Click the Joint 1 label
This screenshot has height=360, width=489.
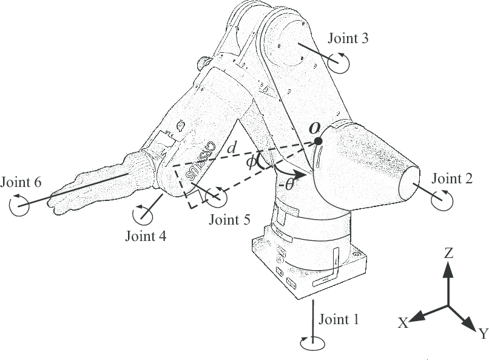tap(339, 320)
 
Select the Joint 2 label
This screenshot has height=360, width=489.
tap(452, 178)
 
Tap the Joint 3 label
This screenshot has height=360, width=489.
tap(348, 39)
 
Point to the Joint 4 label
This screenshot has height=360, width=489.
tap(146, 236)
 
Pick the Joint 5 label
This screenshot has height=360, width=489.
tap(229, 219)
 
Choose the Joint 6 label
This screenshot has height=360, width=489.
tap(22, 182)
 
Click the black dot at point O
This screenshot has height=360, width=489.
tap(319, 141)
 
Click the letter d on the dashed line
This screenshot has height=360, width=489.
tap(231, 148)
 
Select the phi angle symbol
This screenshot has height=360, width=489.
tap(251, 163)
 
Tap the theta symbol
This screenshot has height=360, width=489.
tap(289, 183)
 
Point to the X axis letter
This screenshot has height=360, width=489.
tap(403, 324)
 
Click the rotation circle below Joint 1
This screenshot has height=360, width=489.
tap(312, 343)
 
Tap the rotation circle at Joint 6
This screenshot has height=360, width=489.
tap(19, 205)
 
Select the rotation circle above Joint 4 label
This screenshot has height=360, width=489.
tap(143, 213)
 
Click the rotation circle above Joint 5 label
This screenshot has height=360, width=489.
tap(216, 197)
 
